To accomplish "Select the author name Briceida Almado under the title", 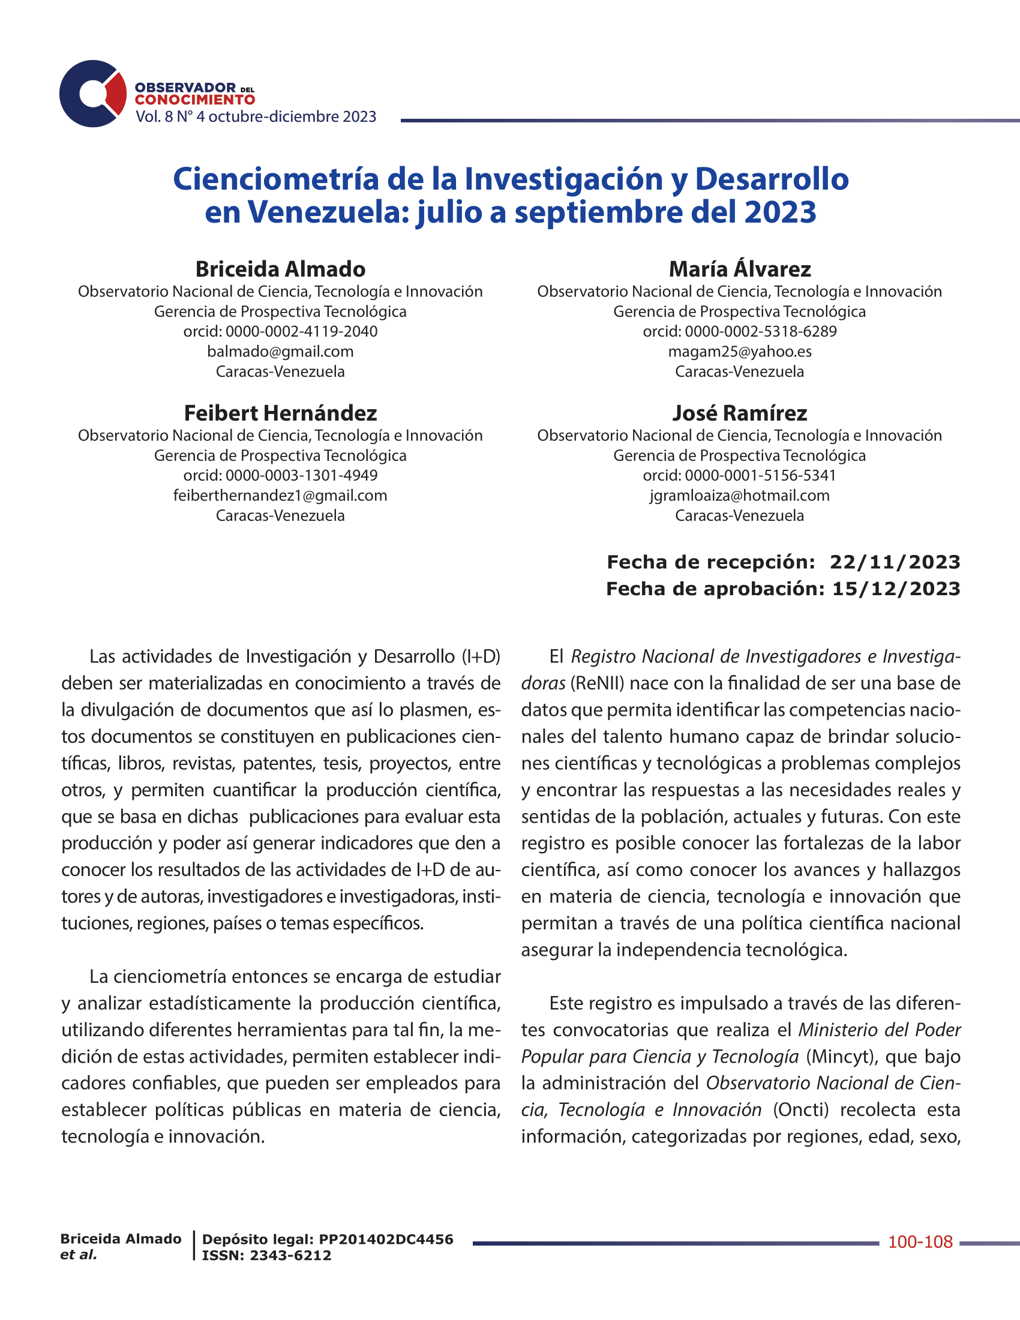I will [280, 269].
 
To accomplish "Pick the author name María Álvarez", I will [740, 269].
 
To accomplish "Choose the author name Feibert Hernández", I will [280, 413].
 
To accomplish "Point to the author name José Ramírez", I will [740, 413].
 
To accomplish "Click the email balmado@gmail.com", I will [280, 351].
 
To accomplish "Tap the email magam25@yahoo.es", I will [740, 351].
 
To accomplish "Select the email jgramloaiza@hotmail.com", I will [740, 496].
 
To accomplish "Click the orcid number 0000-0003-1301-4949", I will [302, 475].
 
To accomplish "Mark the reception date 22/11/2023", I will [895, 562].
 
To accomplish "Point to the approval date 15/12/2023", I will [896, 589].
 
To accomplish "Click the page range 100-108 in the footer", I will [920, 1242].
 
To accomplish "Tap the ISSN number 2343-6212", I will [290, 1255].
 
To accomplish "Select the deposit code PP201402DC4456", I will [386, 1239].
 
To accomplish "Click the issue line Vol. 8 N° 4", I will [170, 116].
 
